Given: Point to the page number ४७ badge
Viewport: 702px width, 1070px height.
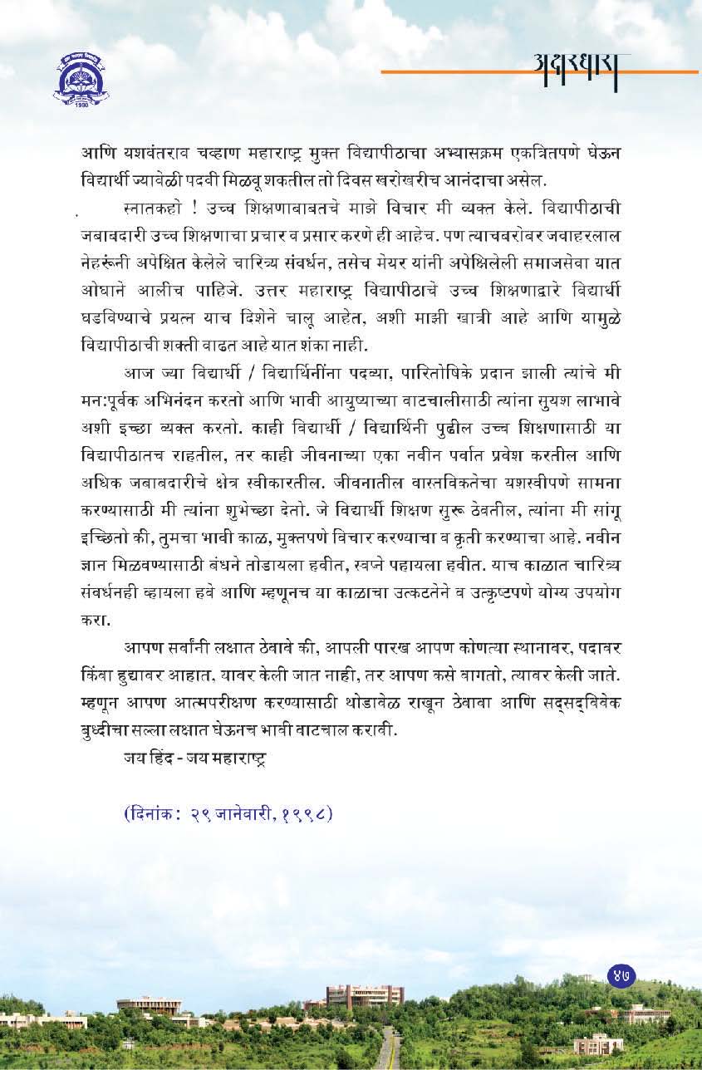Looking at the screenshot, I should [x=619, y=976].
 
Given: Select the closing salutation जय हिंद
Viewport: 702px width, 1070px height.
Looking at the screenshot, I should [x=153, y=758].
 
